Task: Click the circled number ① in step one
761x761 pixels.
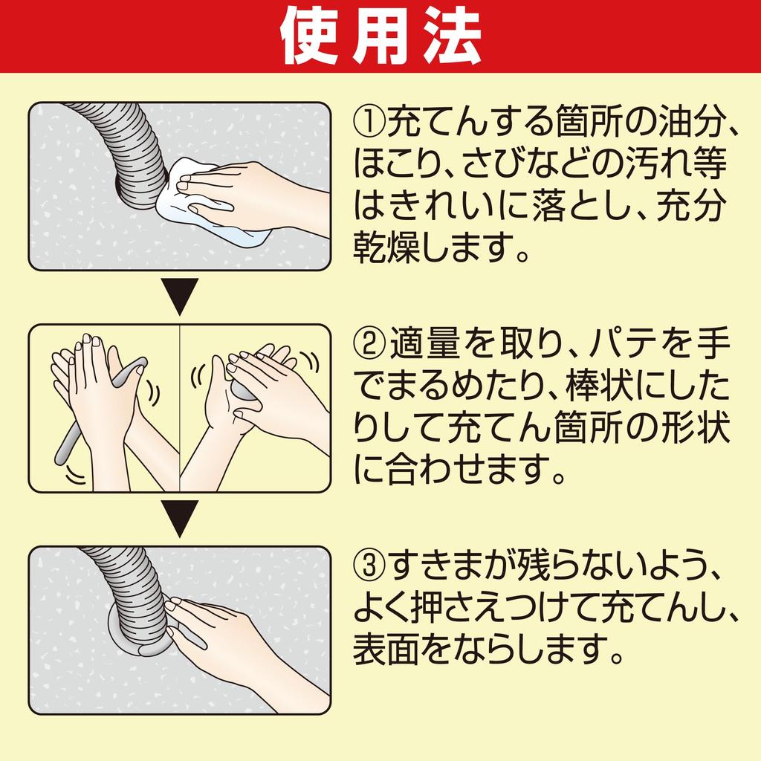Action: click(370, 122)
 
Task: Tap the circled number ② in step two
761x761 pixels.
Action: click(370, 343)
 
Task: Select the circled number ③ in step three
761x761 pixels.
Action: click(370, 566)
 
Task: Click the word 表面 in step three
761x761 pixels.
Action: click(386, 650)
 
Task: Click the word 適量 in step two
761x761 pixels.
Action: click(424, 343)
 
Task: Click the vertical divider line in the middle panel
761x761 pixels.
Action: click(180, 408)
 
